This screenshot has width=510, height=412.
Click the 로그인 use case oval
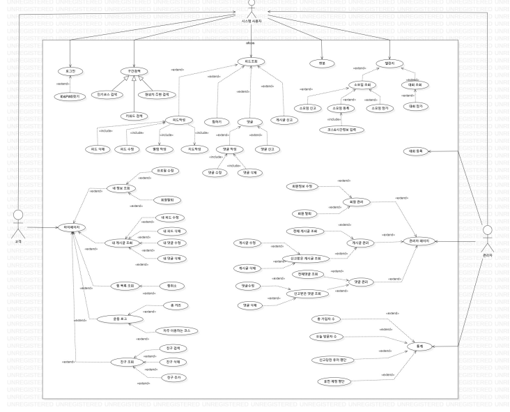click(70, 71)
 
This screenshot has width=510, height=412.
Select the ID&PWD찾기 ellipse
click(70, 96)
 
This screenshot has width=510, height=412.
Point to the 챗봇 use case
click(321, 63)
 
